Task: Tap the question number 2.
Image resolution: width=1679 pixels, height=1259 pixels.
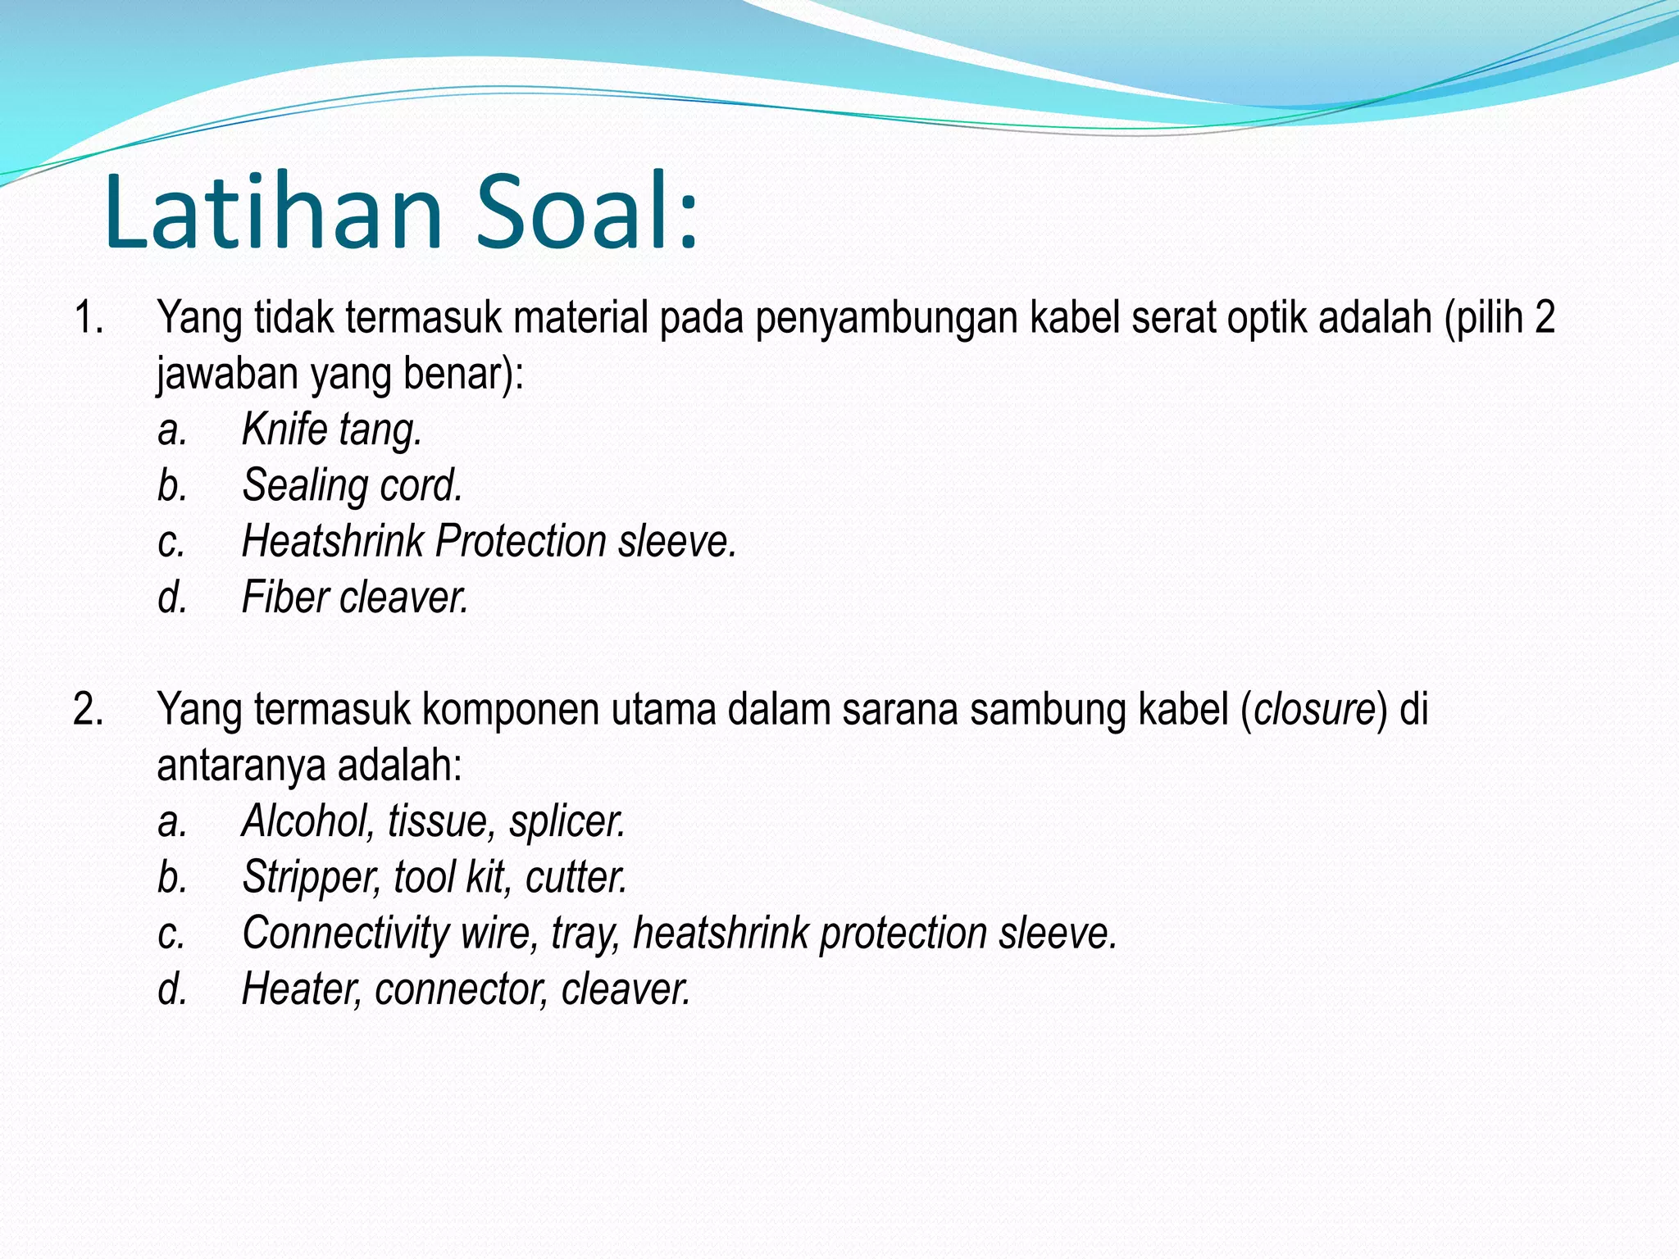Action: [x=89, y=709]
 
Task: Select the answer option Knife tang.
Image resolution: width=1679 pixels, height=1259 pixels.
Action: [x=331, y=430]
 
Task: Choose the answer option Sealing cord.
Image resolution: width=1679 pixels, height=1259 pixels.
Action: [x=352, y=485]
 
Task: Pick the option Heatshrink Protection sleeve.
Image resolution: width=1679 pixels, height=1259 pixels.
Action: [x=489, y=542]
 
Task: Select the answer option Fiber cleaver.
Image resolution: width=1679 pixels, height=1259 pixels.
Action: [x=354, y=598]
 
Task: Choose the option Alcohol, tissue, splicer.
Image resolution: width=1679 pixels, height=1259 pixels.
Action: [x=433, y=821]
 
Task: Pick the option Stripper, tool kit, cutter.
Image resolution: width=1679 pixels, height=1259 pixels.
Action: [x=434, y=877]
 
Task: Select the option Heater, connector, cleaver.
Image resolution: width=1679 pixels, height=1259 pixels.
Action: [x=465, y=989]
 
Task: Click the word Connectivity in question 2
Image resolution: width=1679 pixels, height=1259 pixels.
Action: [x=345, y=934]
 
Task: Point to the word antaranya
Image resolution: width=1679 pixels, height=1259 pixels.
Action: [x=241, y=766]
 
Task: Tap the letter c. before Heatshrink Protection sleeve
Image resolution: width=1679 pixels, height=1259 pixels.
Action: [x=171, y=542]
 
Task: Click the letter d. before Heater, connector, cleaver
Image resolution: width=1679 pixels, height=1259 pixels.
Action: [x=172, y=989]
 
